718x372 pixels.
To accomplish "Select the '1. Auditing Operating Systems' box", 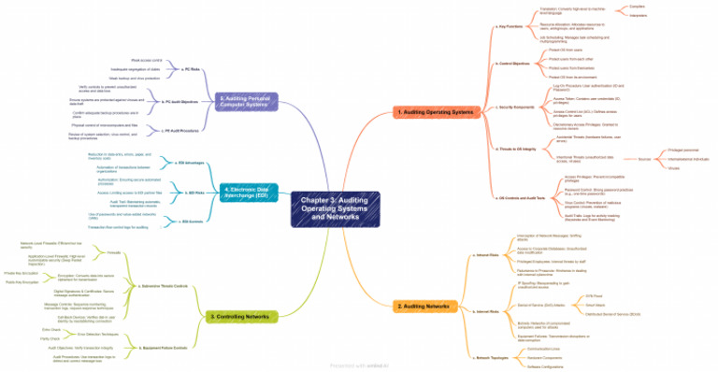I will (x=436, y=111).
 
